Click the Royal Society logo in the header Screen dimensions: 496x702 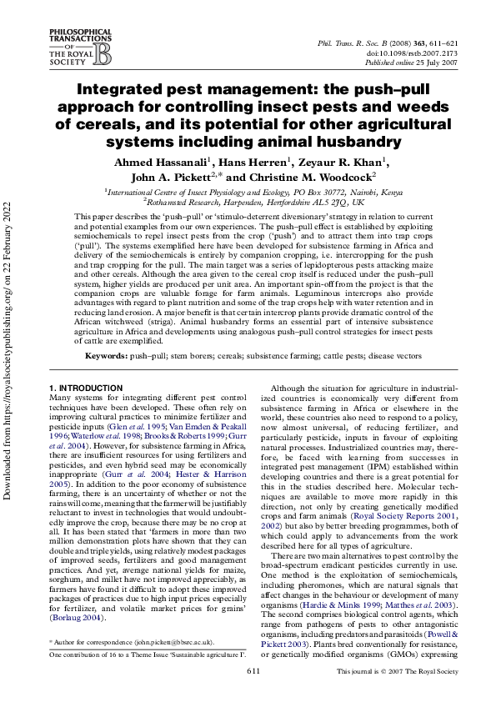pyautogui.click(x=81, y=47)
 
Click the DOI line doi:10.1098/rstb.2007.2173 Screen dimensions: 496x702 pyautogui.click(x=411, y=52)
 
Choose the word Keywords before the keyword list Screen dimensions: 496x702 pyautogui.click(x=104, y=356)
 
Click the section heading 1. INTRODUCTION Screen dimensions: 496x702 pyautogui.click(x=86, y=389)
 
